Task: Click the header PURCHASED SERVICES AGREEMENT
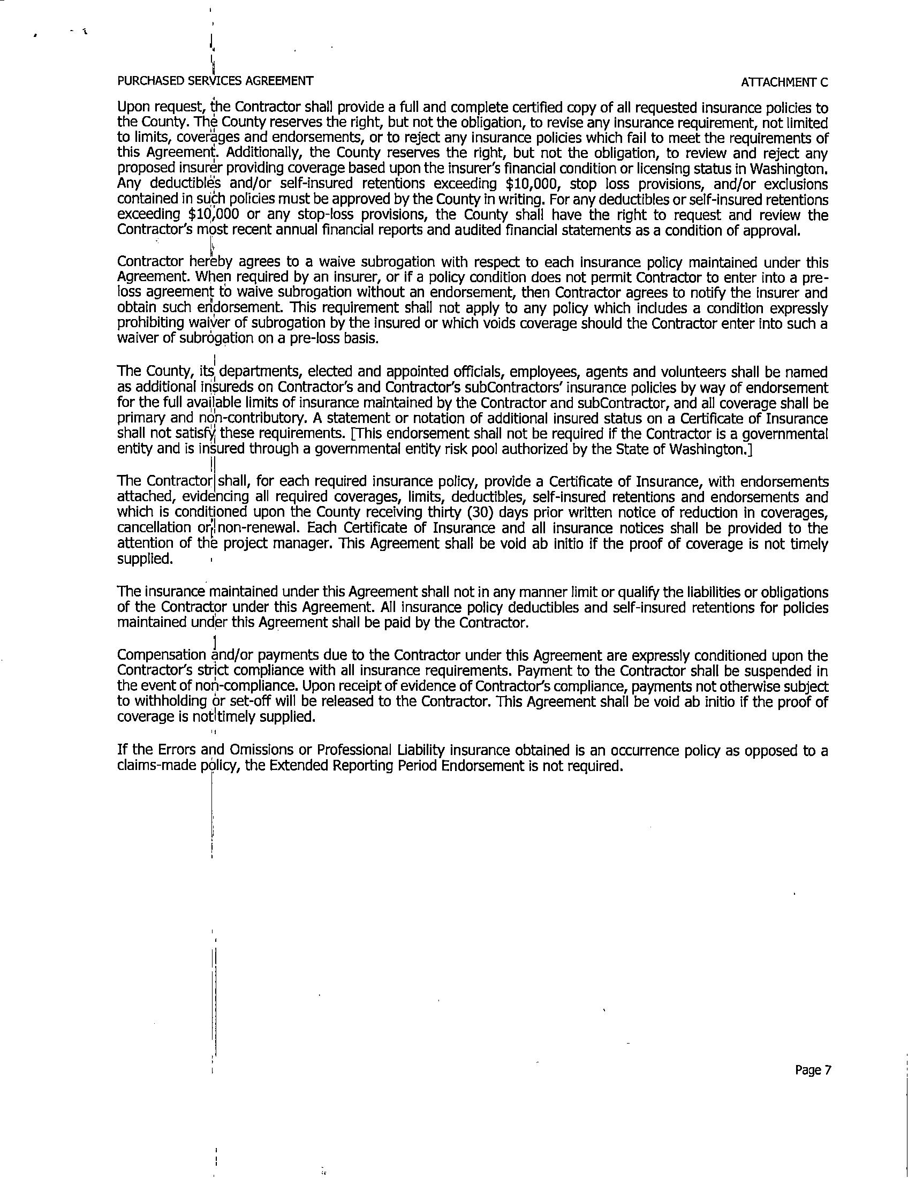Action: (215, 81)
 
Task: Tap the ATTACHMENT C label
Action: (784, 82)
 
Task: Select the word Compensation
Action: (161, 655)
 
